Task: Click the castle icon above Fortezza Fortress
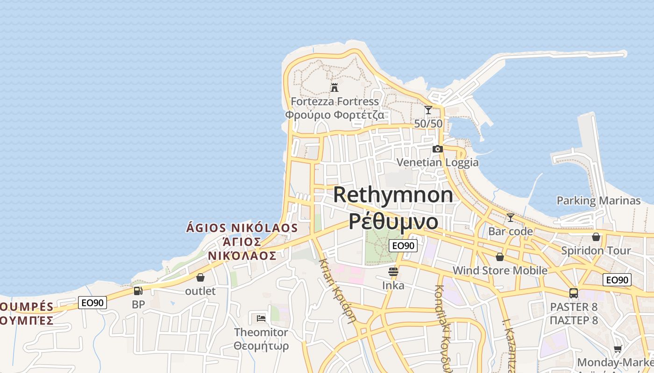(x=334, y=87)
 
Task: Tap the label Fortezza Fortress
(x=334, y=101)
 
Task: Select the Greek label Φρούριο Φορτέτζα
(x=334, y=115)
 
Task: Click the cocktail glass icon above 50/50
(x=428, y=110)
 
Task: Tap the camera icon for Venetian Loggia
(x=438, y=149)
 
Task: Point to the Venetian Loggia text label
(x=438, y=162)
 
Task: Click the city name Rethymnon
(x=393, y=194)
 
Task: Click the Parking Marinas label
(x=598, y=200)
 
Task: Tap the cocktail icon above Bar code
(x=511, y=217)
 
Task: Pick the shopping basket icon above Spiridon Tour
(x=596, y=237)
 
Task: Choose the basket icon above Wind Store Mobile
(x=500, y=257)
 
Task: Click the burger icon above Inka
(x=393, y=271)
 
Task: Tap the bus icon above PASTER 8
(x=574, y=293)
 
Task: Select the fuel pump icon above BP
(x=138, y=291)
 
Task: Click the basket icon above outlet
(x=200, y=277)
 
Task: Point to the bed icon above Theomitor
(x=261, y=318)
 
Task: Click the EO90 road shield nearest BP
(x=92, y=303)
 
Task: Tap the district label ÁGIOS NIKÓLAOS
(x=242, y=228)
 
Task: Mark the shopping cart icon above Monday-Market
(x=618, y=349)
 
